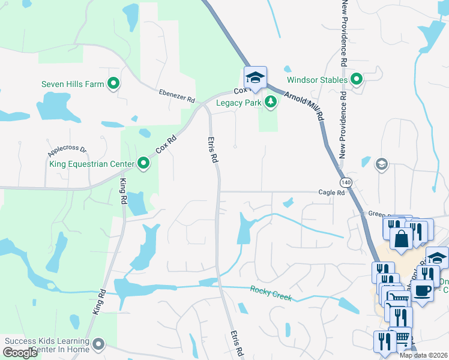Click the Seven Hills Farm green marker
(x=113, y=84)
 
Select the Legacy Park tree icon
(x=271, y=103)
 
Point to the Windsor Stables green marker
(x=357, y=79)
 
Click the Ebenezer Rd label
(x=177, y=95)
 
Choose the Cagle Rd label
(x=331, y=193)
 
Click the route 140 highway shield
(x=345, y=181)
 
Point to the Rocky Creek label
(x=271, y=293)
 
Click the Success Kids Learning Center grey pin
(x=99, y=344)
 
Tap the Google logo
(x=20, y=353)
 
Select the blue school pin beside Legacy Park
(x=255, y=77)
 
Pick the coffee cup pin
(x=423, y=291)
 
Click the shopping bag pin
(x=401, y=239)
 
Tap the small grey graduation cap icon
(x=381, y=164)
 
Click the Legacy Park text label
(x=239, y=103)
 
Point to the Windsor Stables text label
(x=317, y=79)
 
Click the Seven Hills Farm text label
(x=73, y=84)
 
